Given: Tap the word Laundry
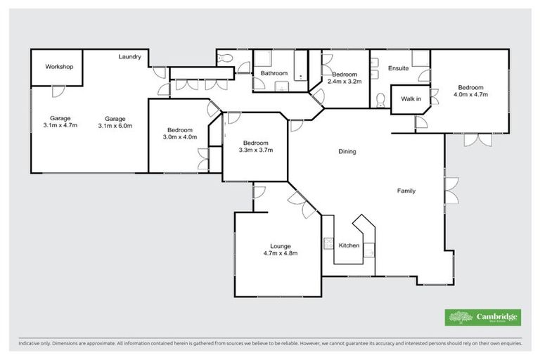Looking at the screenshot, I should (130, 57).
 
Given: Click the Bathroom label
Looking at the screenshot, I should (274, 73).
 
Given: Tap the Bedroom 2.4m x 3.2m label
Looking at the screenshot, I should (345, 78).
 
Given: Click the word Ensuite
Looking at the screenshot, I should (398, 68).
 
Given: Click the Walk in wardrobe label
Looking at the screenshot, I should (411, 99).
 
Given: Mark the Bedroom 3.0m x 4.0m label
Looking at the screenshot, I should (180, 134).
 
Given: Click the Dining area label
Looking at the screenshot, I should (347, 151).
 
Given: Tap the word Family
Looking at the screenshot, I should (406, 191).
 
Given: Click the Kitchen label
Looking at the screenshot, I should (349, 245).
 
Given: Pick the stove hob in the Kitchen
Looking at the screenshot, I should (328, 244).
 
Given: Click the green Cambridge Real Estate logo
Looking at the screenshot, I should (482, 318).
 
